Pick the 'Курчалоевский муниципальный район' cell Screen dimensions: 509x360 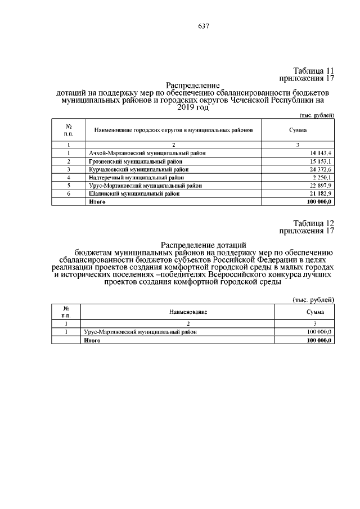click(138, 169)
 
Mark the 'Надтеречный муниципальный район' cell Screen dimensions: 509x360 click(136, 177)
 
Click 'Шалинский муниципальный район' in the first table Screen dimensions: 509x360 click(134, 193)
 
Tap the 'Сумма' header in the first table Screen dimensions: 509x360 click(297, 130)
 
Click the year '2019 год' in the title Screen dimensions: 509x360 click(192, 107)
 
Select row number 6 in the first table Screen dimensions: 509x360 click(67, 193)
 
